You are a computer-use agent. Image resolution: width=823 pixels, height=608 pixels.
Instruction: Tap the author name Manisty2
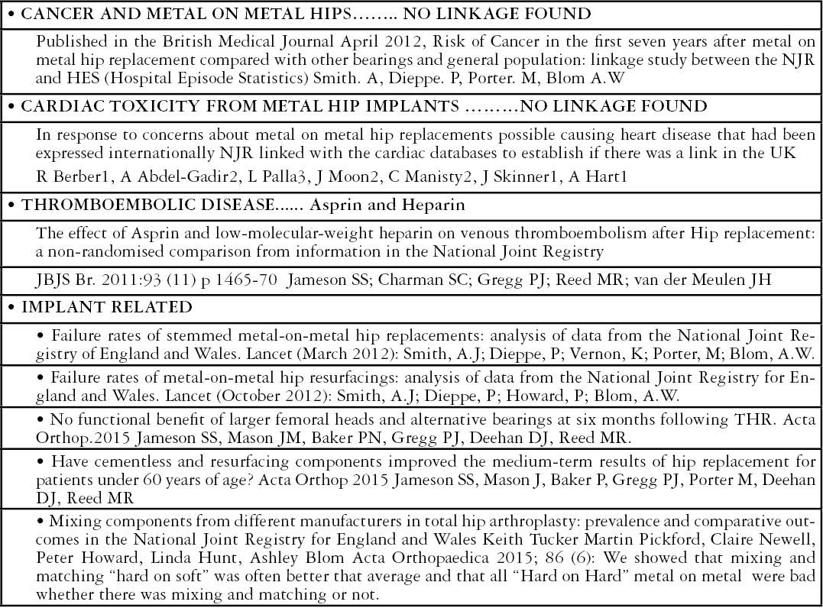click(x=439, y=178)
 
